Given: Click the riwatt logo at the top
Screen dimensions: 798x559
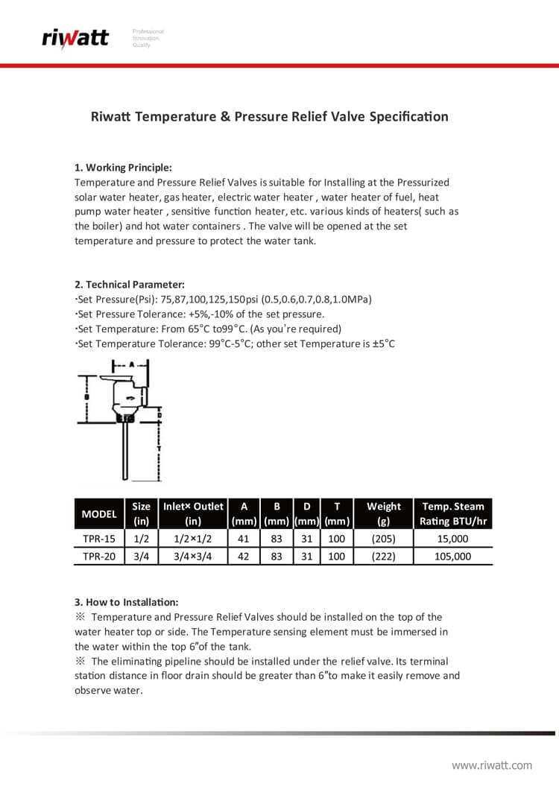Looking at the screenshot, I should click(x=75, y=37).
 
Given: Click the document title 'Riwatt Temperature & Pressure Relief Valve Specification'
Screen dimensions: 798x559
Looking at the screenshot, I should click(x=269, y=117).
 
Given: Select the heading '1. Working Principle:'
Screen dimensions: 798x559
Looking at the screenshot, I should click(x=123, y=168).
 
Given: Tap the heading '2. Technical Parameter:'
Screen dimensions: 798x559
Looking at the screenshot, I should click(x=130, y=285).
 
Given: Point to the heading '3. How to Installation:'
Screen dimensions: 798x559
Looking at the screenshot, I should click(x=126, y=602).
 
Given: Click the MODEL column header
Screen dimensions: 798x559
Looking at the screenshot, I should click(x=99, y=514).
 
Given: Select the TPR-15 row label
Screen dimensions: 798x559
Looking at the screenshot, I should click(x=99, y=539).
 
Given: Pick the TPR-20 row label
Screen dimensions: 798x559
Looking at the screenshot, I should click(x=99, y=556).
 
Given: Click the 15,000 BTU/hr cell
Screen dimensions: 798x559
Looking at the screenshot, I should click(x=452, y=539).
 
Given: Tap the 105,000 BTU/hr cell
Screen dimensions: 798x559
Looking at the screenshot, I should click(x=452, y=556).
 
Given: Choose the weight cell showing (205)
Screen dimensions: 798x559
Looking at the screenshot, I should click(x=383, y=539).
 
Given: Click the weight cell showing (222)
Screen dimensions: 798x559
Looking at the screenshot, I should click(x=383, y=556).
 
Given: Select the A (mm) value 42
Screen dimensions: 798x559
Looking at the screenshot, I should click(x=243, y=556).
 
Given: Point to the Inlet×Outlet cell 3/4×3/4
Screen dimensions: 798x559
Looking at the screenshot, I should click(x=193, y=556).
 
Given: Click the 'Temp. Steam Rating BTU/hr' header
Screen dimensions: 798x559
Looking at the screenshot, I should click(x=452, y=514).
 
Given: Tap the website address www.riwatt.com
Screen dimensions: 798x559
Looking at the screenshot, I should click(x=492, y=765).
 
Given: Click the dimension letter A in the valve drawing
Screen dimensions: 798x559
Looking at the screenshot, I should click(x=131, y=366).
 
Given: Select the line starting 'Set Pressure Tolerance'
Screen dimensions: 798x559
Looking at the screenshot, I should click(x=200, y=314).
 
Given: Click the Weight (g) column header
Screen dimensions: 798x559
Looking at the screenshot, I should click(x=383, y=514).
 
